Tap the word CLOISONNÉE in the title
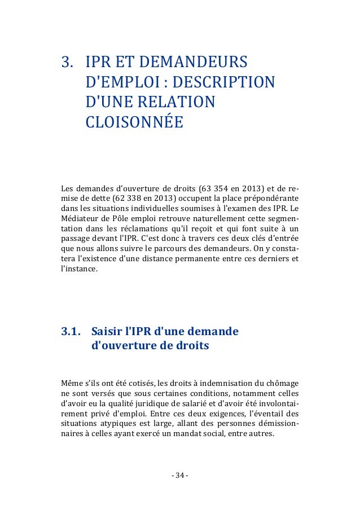(134, 121)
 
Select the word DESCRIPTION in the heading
(223, 81)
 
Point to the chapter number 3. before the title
(68, 61)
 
